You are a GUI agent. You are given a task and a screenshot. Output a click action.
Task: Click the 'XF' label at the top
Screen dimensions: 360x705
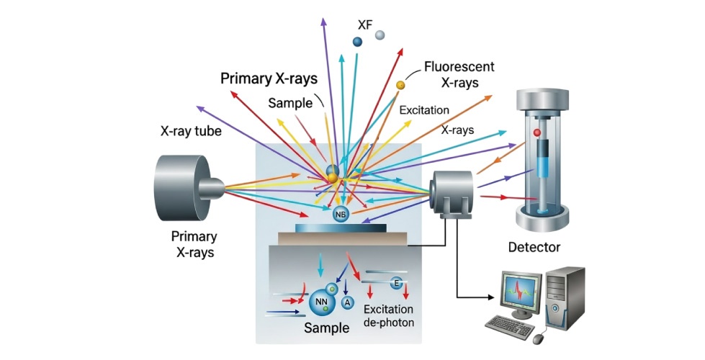[x=364, y=24]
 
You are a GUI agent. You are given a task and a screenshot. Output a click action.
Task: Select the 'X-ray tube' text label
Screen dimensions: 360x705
[x=191, y=132]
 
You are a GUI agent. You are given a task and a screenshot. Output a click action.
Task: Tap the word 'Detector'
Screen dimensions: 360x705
[x=534, y=247]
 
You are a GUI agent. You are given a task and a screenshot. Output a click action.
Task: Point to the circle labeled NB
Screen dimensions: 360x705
[x=341, y=213]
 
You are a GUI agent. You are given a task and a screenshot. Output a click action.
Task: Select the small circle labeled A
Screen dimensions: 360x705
[x=348, y=302]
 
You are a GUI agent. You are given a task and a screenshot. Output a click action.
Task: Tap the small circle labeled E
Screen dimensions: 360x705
[x=395, y=283]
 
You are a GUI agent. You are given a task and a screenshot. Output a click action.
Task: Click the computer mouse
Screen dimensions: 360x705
[x=539, y=336]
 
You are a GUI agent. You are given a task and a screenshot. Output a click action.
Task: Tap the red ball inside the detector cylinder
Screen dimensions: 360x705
[x=536, y=134]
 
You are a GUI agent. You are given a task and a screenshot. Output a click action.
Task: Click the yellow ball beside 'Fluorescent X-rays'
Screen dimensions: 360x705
[x=400, y=86]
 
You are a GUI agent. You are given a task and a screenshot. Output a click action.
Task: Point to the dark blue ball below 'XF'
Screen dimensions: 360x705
[x=357, y=42]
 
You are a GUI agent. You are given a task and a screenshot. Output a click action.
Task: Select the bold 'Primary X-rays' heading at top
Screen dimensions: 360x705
[x=269, y=78]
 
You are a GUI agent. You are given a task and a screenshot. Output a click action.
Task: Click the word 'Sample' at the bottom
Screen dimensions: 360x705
[x=326, y=329]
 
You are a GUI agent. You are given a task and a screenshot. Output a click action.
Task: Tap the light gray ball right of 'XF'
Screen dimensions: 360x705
[x=380, y=35]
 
